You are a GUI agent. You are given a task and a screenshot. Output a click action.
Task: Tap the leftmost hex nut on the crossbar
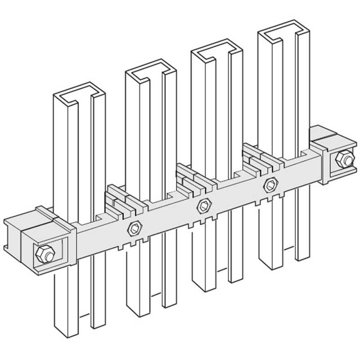point(134,228)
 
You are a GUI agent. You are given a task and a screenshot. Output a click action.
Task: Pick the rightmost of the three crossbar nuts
point(271,184)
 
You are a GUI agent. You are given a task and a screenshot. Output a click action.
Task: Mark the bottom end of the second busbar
point(135,310)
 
